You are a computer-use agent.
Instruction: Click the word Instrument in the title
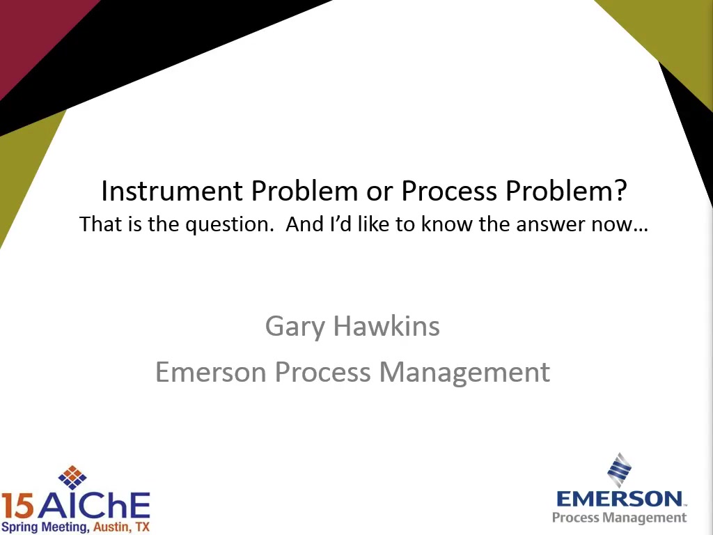[171, 191]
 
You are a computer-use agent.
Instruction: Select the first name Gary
[295, 327]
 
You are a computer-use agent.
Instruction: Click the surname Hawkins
[386, 326]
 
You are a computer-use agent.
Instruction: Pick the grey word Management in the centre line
[464, 373]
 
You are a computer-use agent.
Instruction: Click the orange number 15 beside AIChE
[17, 506]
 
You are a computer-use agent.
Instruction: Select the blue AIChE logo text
[93, 505]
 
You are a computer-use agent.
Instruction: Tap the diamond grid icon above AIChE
[72, 477]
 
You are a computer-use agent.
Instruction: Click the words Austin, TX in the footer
[121, 527]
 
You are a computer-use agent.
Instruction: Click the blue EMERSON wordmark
[620, 499]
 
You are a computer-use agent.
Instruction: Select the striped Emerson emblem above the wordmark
[620, 470]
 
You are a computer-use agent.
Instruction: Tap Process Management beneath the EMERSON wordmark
[619, 518]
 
